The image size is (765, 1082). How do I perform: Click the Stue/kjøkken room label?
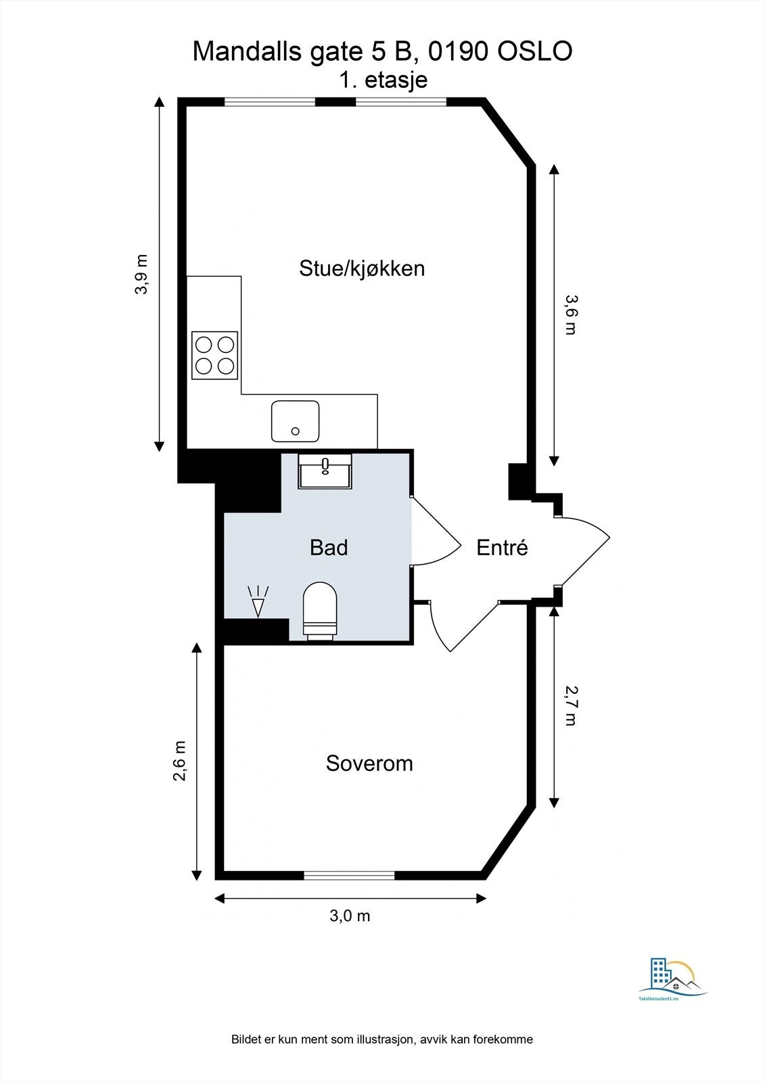(x=362, y=268)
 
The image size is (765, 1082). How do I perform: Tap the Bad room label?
(x=329, y=547)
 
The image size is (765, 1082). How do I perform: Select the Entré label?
(x=502, y=547)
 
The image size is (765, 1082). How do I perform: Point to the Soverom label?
(x=369, y=763)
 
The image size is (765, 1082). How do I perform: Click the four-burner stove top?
(x=214, y=355)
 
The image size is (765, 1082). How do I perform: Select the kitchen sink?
(x=295, y=421)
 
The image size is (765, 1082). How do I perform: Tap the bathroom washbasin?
(x=325, y=471)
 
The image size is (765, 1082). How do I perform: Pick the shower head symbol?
(x=258, y=601)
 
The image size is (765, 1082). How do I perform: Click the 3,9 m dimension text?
(x=141, y=275)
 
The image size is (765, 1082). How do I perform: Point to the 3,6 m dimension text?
(x=570, y=314)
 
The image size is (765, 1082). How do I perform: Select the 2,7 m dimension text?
(x=570, y=705)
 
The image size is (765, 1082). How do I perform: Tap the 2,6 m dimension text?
(x=180, y=761)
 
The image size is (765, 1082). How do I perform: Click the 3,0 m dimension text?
(x=350, y=916)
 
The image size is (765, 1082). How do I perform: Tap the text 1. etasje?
(x=384, y=80)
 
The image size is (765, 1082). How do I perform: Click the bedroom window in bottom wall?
(x=349, y=875)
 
